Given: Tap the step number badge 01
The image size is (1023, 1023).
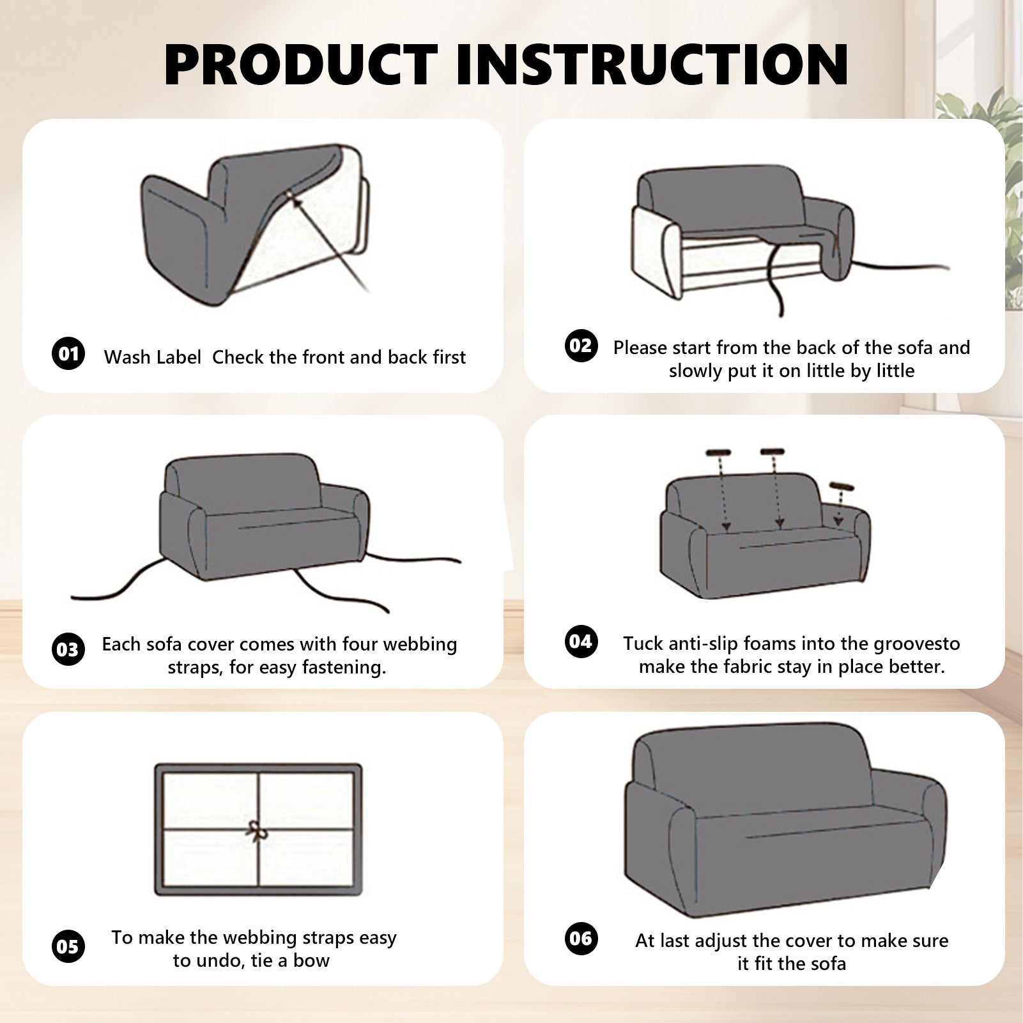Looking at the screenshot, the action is (x=68, y=353).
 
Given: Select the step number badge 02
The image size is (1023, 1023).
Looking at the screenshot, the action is (x=581, y=346).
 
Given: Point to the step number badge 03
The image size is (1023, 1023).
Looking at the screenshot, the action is (x=68, y=649).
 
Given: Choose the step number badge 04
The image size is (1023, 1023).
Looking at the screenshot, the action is (x=581, y=641).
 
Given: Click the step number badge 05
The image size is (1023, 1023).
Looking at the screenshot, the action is (x=68, y=946).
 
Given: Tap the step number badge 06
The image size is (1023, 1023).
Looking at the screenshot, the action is (x=581, y=938).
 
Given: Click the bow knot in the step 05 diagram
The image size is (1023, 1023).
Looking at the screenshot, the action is (x=258, y=831).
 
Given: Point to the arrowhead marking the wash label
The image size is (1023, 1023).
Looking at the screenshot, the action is (x=296, y=202).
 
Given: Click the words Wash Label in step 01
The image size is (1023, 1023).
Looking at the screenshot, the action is (x=153, y=357).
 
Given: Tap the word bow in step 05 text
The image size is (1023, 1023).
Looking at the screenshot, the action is (x=311, y=960).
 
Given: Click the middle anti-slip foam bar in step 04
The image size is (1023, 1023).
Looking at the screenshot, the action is (x=772, y=452).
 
